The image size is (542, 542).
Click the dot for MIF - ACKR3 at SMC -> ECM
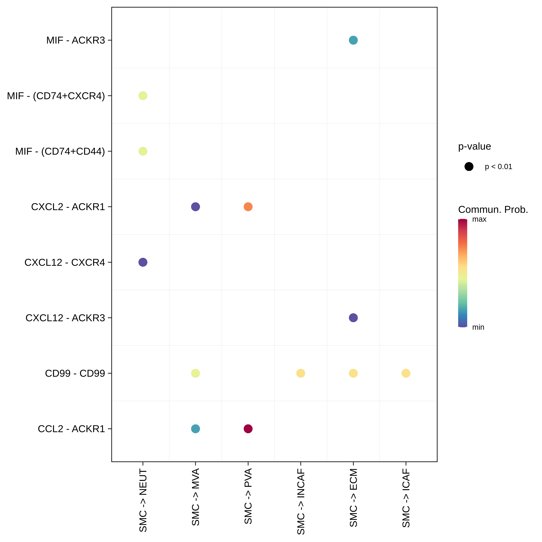(353, 40)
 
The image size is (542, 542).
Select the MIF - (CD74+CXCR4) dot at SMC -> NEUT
(143, 96)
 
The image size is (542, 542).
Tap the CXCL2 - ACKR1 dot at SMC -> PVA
(248, 207)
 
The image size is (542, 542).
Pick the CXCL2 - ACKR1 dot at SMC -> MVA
(195, 207)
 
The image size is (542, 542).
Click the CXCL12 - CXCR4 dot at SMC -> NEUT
(143, 262)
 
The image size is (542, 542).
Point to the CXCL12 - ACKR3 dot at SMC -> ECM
(353, 318)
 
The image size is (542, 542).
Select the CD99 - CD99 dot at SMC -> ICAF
(406, 373)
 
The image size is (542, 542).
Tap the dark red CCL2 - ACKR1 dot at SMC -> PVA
(248, 429)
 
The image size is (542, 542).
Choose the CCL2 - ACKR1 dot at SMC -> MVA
(195, 429)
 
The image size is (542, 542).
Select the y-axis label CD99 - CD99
(75, 373)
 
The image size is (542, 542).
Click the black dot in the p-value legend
(469, 167)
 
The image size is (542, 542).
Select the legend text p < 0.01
(498, 167)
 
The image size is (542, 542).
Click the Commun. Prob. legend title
(493, 210)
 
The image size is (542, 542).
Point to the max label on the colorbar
(479, 219)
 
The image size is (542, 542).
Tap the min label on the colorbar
(478, 327)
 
